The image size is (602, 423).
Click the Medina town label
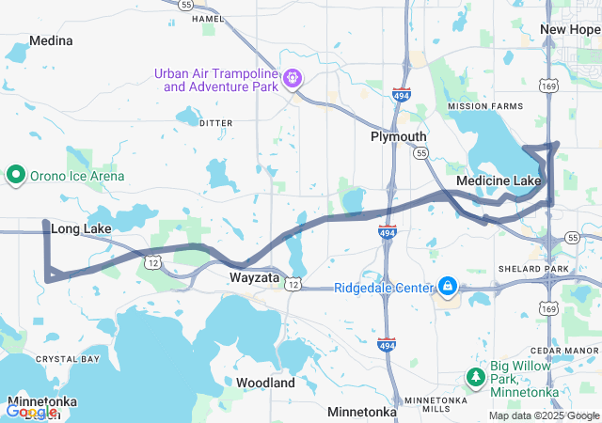coord(51,41)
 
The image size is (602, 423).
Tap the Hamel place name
coord(207,18)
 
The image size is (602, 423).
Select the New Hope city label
coord(570,30)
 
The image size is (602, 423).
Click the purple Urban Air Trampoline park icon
coord(293,78)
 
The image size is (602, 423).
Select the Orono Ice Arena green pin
coord(16,175)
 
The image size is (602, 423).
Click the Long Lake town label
coord(81,228)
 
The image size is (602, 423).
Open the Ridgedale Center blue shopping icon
coord(448,286)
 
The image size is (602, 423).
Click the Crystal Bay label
coord(61,359)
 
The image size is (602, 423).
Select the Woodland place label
coord(266,383)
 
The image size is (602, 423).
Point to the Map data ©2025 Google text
coord(544,415)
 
